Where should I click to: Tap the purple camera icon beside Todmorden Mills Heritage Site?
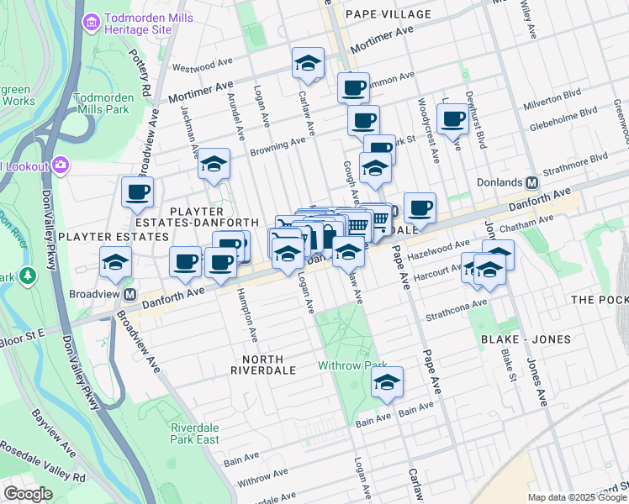[x=91, y=18]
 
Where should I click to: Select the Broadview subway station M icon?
[x=130, y=295]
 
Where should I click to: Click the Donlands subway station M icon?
[x=531, y=182]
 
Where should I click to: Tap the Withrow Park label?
[x=351, y=365]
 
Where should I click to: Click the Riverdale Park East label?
[x=194, y=433]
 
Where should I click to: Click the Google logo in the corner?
[x=28, y=494]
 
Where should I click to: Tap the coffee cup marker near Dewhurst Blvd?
[x=452, y=118]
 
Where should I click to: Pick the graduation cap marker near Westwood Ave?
[x=309, y=63]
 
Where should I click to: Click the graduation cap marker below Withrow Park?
[x=388, y=382]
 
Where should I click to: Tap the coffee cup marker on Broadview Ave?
[x=137, y=192]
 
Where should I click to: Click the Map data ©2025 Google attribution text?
[x=576, y=496]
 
